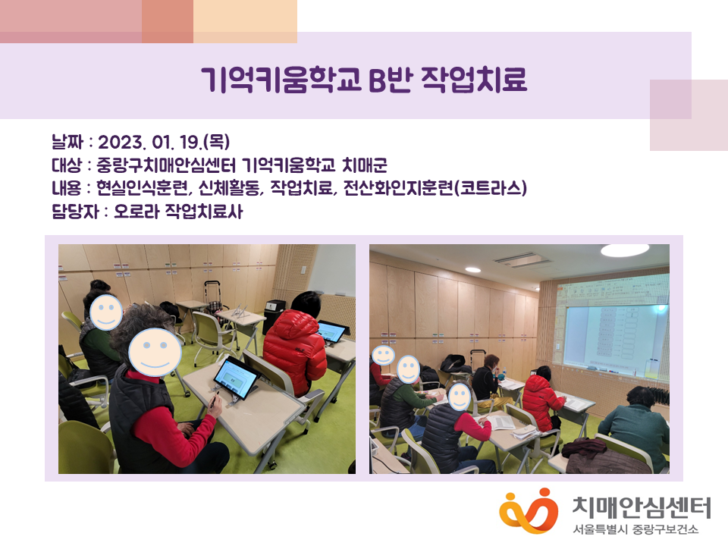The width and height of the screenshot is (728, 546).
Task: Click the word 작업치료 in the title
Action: (473, 80)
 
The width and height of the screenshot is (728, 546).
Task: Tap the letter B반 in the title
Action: (390, 80)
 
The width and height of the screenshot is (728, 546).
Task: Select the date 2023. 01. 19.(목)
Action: (164, 142)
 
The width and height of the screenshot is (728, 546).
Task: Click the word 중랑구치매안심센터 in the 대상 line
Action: (166, 165)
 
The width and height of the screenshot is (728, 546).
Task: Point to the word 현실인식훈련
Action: (142, 188)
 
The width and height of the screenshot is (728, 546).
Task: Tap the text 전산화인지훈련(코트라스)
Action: (435, 188)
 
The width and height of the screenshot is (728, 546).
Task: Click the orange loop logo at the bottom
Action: (529, 510)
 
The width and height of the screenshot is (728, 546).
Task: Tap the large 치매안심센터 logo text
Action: (642, 507)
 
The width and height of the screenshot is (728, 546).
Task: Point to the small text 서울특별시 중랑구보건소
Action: (635, 529)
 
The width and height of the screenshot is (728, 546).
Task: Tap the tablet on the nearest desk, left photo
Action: (237, 378)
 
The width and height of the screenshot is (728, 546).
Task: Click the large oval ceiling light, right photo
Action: (624, 251)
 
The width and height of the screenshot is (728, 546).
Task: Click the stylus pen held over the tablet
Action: (215, 400)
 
